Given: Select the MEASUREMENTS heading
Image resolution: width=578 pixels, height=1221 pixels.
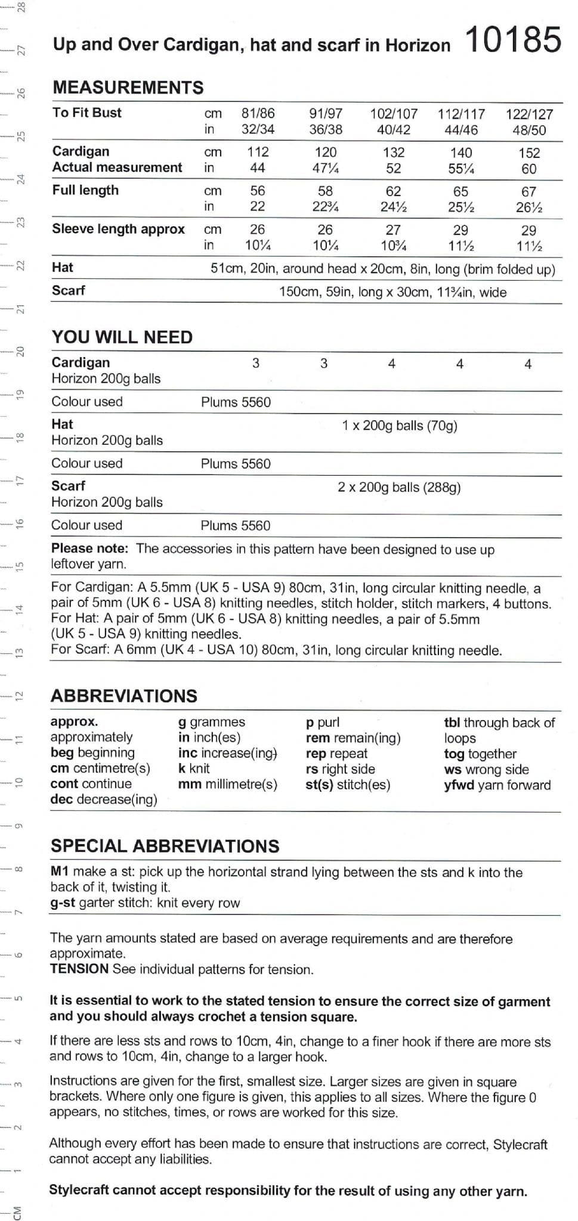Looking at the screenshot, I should tap(128, 88).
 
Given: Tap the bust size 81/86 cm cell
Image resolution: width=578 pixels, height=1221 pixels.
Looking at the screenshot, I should tap(258, 113).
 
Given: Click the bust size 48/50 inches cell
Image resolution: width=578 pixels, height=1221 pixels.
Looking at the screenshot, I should tap(528, 130).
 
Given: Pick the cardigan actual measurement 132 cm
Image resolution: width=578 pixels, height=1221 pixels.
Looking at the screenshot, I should tap(393, 153).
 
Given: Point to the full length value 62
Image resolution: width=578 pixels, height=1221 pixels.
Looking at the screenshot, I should tap(393, 191).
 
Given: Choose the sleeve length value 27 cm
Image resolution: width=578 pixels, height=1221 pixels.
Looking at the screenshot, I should tap(393, 230).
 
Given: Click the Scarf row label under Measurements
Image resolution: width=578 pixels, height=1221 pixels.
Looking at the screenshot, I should tap(68, 290).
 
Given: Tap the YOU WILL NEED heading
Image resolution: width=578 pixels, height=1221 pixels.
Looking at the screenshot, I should tap(122, 337).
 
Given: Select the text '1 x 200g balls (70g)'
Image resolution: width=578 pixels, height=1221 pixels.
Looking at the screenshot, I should tap(399, 426).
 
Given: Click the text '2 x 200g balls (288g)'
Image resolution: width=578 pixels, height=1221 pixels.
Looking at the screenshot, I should tap(399, 487).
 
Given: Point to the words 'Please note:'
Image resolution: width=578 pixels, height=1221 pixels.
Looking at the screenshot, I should tap(89, 548).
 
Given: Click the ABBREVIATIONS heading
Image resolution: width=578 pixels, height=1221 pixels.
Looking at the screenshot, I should tap(123, 696).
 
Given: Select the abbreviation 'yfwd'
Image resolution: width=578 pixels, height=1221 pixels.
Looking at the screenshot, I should tap(459, 785).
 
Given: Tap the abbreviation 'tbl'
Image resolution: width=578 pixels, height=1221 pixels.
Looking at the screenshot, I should tap(452, 723).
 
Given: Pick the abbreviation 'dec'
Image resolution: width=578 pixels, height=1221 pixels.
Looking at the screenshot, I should tap(61, 799).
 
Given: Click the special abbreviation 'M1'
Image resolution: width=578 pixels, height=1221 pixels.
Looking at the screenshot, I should tap(60, 872).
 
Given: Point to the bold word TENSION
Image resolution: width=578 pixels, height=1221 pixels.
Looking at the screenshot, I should tap(79, 969).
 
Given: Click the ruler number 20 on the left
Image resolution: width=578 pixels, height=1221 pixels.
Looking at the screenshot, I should tap(20, 351).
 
